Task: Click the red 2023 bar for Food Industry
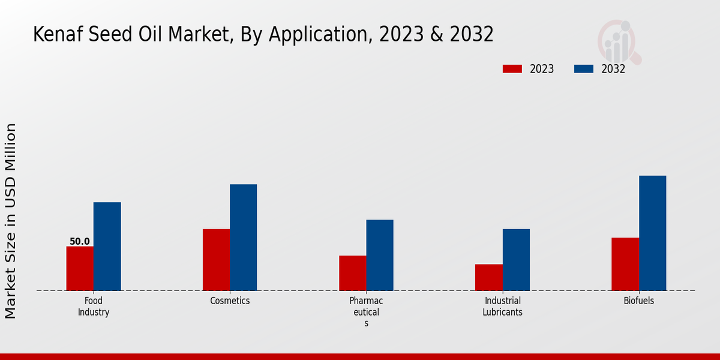(x=80, y=268)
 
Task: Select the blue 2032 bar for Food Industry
(x=107, y=246)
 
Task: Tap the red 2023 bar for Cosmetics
(x=216, y=259)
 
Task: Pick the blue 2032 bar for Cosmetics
(x=243, y=237)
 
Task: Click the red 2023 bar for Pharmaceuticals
(x=352, y=273)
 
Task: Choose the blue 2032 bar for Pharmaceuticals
(x=380, y=255)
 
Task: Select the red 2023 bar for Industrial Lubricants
(x=488, y=277)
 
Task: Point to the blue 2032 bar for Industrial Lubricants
(x=516, y=259)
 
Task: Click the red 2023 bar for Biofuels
(x=625, y=264)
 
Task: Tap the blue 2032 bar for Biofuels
(x=652, y=233)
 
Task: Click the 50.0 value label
(x=80, y=242)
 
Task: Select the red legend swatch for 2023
(x=512, y=69)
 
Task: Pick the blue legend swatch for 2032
(x=583, y=69)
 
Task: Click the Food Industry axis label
(x=94, y=306)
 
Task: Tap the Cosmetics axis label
(x=230, y=301)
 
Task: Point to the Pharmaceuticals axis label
(x=366, y=311)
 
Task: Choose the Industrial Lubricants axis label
(x=502, y=306)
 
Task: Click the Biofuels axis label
(x=638, y=301)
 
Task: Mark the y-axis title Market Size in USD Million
(x=11, y=221)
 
